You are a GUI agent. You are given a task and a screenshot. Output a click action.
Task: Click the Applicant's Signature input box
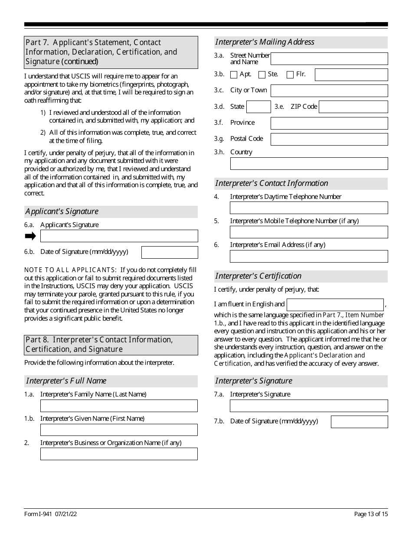point(119,236)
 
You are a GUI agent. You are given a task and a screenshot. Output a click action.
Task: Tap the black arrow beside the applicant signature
point(30,236)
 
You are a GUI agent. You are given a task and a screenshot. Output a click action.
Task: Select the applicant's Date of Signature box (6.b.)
point(170,252)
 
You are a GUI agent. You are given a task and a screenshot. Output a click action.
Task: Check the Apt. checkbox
point(234,75)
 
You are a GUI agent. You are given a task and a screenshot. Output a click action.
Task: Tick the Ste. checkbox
point(262,75)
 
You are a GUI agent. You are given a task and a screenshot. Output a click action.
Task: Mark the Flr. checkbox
point(290,75)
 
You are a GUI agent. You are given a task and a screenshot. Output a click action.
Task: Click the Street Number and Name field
point(329,58)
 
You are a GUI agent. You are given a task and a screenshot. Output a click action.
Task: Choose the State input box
point(258,107)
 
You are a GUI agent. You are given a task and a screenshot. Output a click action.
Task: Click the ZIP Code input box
point(353,107)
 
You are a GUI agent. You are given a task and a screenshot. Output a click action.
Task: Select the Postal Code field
point(329,139)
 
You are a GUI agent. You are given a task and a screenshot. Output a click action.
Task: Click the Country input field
point(309,163)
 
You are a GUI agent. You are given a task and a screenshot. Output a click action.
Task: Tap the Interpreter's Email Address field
point(309,256)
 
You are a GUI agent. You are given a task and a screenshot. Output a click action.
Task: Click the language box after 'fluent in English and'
point(335,305)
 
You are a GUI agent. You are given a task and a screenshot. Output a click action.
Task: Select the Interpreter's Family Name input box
point(119,406)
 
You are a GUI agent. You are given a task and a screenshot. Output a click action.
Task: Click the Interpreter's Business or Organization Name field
point(119,454)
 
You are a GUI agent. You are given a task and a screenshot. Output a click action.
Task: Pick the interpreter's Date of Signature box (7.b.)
point(359,422)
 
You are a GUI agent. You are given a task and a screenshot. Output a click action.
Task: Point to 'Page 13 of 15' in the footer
point(371,514)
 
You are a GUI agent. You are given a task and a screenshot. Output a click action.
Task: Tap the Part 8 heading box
point(111,344)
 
